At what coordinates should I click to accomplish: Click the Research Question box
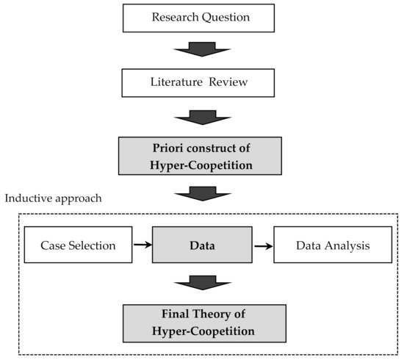(x=201, y=17)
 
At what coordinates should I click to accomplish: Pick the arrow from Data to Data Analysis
(x=261, y=245)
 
